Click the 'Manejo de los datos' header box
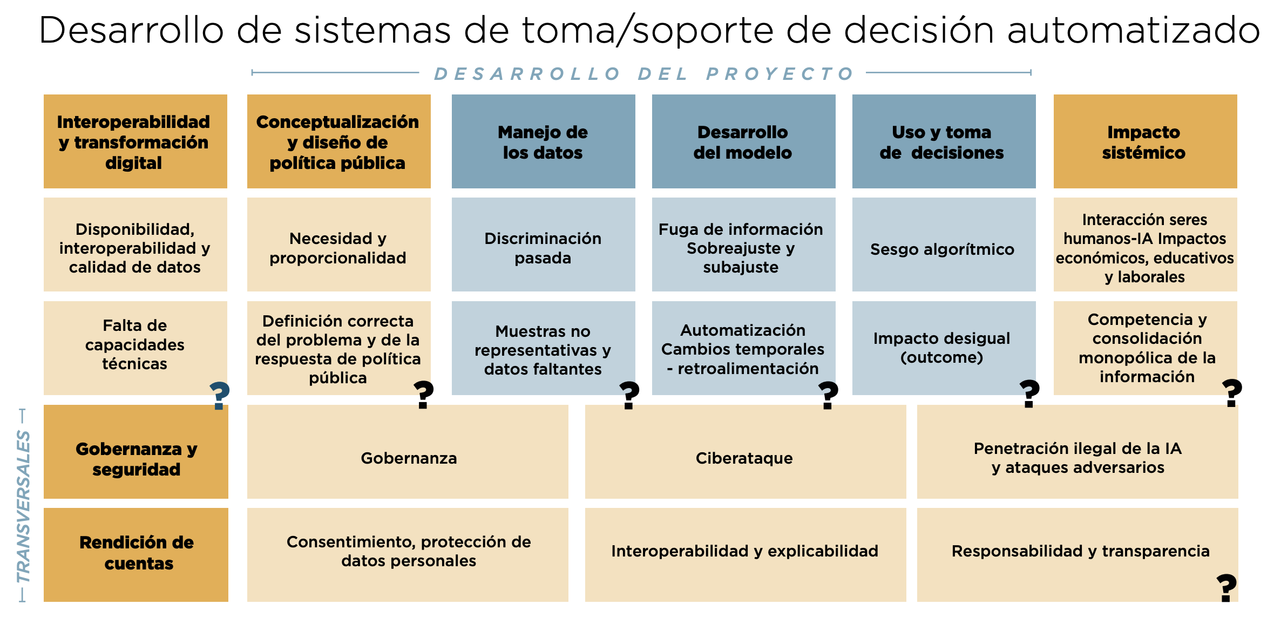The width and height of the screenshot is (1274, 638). [x=543, y=141]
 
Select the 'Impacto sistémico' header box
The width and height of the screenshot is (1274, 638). [x=1145, y=141]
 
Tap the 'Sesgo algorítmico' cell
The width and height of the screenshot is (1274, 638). [x=944, y=245]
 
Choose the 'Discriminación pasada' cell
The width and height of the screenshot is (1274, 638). [x=543, y=245]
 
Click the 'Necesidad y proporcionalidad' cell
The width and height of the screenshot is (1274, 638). [x=338, y=245]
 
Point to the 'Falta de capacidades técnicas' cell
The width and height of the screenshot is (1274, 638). [x=135, y=348]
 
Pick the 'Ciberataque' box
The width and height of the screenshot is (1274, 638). [x=746, y=452]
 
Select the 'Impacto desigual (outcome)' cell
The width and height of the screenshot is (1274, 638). [x=944, y=348]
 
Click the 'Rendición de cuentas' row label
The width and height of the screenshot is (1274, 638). [x=136, y=555]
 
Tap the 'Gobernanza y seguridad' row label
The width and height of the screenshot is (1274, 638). [x=136, y=452]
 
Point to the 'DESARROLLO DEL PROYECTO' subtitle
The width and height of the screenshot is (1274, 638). [x=643, y=73]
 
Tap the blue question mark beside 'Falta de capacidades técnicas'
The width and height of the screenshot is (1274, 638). [x=219, y=396]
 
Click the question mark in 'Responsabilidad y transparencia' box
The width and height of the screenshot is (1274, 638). [x=1226, y=588]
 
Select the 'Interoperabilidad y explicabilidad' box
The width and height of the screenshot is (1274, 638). [x=746, y=555]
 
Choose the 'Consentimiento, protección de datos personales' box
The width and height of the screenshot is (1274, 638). [x=408, y=555]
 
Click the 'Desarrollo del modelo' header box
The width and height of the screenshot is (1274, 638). [x=744, y=141]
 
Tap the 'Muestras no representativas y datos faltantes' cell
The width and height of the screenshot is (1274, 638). [x=543, y=348]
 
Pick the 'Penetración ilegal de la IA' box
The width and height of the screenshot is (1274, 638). [x=1078, y=452]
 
